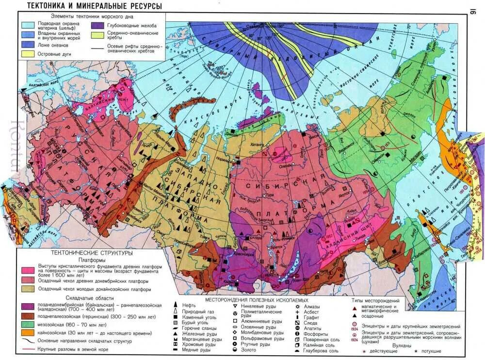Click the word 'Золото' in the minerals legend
(x=244, y=350)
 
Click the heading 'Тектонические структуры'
(x=92, y=253)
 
